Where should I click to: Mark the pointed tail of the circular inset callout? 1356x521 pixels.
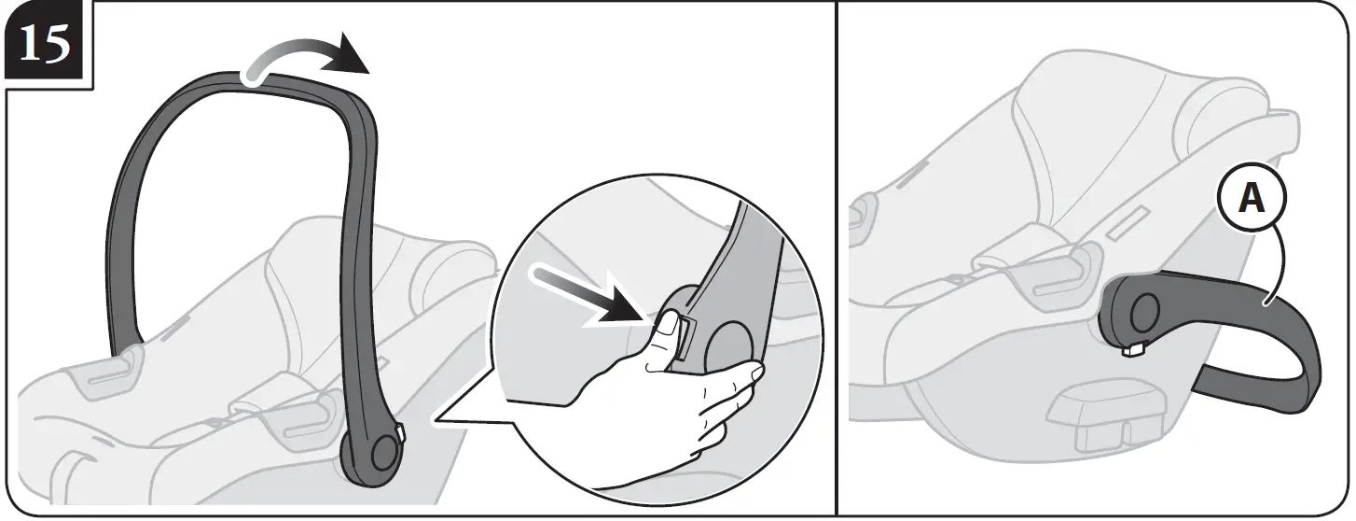438,422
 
